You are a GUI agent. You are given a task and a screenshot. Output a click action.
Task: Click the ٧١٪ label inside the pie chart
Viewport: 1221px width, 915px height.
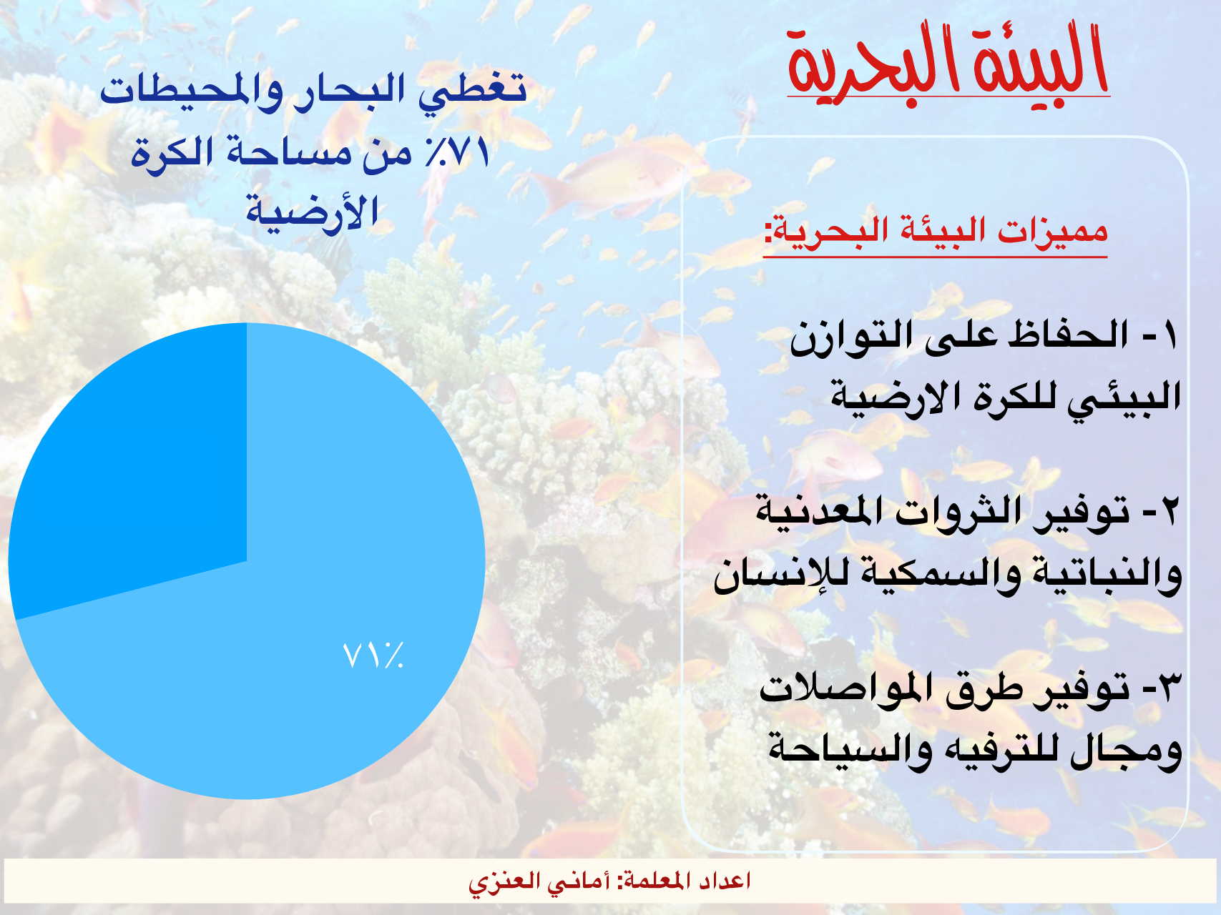373,655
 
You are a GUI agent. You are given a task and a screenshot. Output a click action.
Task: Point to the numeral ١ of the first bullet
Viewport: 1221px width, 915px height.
1169,335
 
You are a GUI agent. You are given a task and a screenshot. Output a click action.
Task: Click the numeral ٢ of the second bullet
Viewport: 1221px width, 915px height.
1169,512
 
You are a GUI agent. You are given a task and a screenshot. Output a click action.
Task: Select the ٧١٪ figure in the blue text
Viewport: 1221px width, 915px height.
458,152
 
